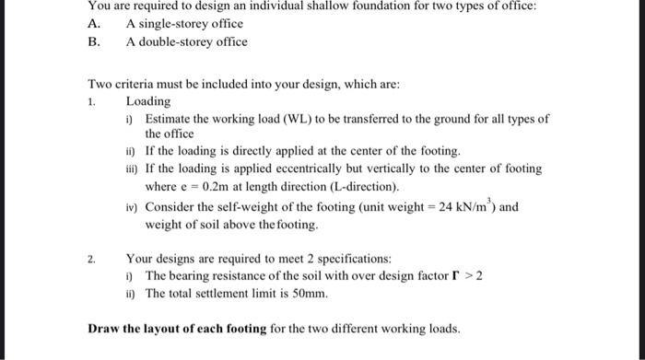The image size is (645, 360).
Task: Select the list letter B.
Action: tap(91, 41)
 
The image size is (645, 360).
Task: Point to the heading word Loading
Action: tap(147, 100)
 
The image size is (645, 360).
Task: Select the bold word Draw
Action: tap(103, 329)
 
